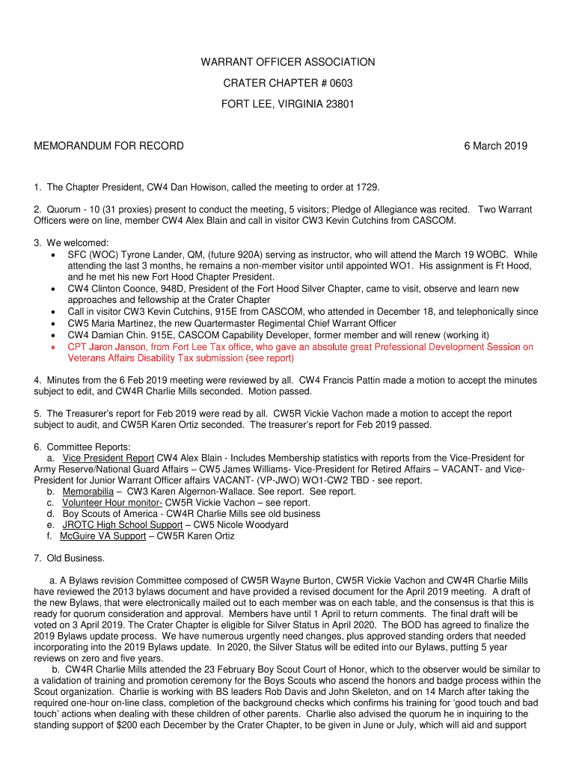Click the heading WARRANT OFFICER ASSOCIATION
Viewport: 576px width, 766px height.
(x=288, y=62)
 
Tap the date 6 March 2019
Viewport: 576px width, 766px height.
(x=495, y=146)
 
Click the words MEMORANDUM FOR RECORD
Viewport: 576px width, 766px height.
(x=108, y=146)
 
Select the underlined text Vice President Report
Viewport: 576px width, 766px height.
(x=108, y=458)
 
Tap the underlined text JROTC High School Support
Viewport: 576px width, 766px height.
(x=122, y=525)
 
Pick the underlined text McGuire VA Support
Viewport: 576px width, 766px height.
(x=102, y=536)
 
